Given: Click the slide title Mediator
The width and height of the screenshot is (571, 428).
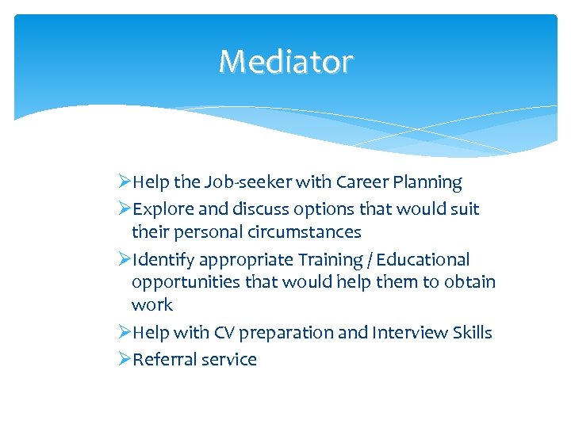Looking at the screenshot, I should coord(285,61).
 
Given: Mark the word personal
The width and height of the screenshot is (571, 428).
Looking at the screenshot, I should coord(208,233).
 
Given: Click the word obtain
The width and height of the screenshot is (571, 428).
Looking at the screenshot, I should coord(470,282).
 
